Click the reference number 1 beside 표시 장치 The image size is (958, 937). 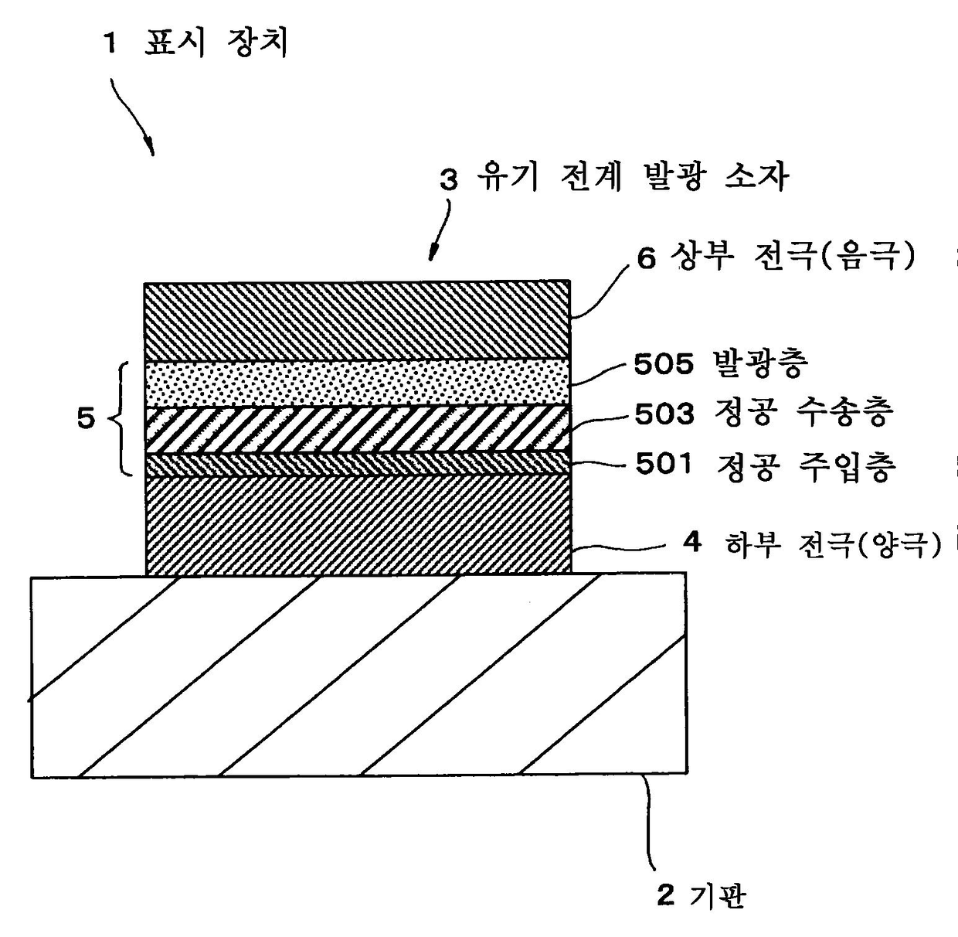click(110, 44)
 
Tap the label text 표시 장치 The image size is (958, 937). click(216, 43)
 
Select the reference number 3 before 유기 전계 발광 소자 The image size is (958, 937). click(448, 180)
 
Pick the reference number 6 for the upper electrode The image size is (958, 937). click(647, 258)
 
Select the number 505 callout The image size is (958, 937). click(664, 365)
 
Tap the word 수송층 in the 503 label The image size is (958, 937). click(844, 413)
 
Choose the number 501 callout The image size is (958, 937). click(664, 464)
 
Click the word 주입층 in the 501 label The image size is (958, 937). click(846, 467)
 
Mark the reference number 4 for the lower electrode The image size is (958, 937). click(692, 543)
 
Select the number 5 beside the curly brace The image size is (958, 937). click(86, 419)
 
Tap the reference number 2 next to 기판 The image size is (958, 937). click(666, 895)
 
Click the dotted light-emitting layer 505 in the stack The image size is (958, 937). click(358, 383)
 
